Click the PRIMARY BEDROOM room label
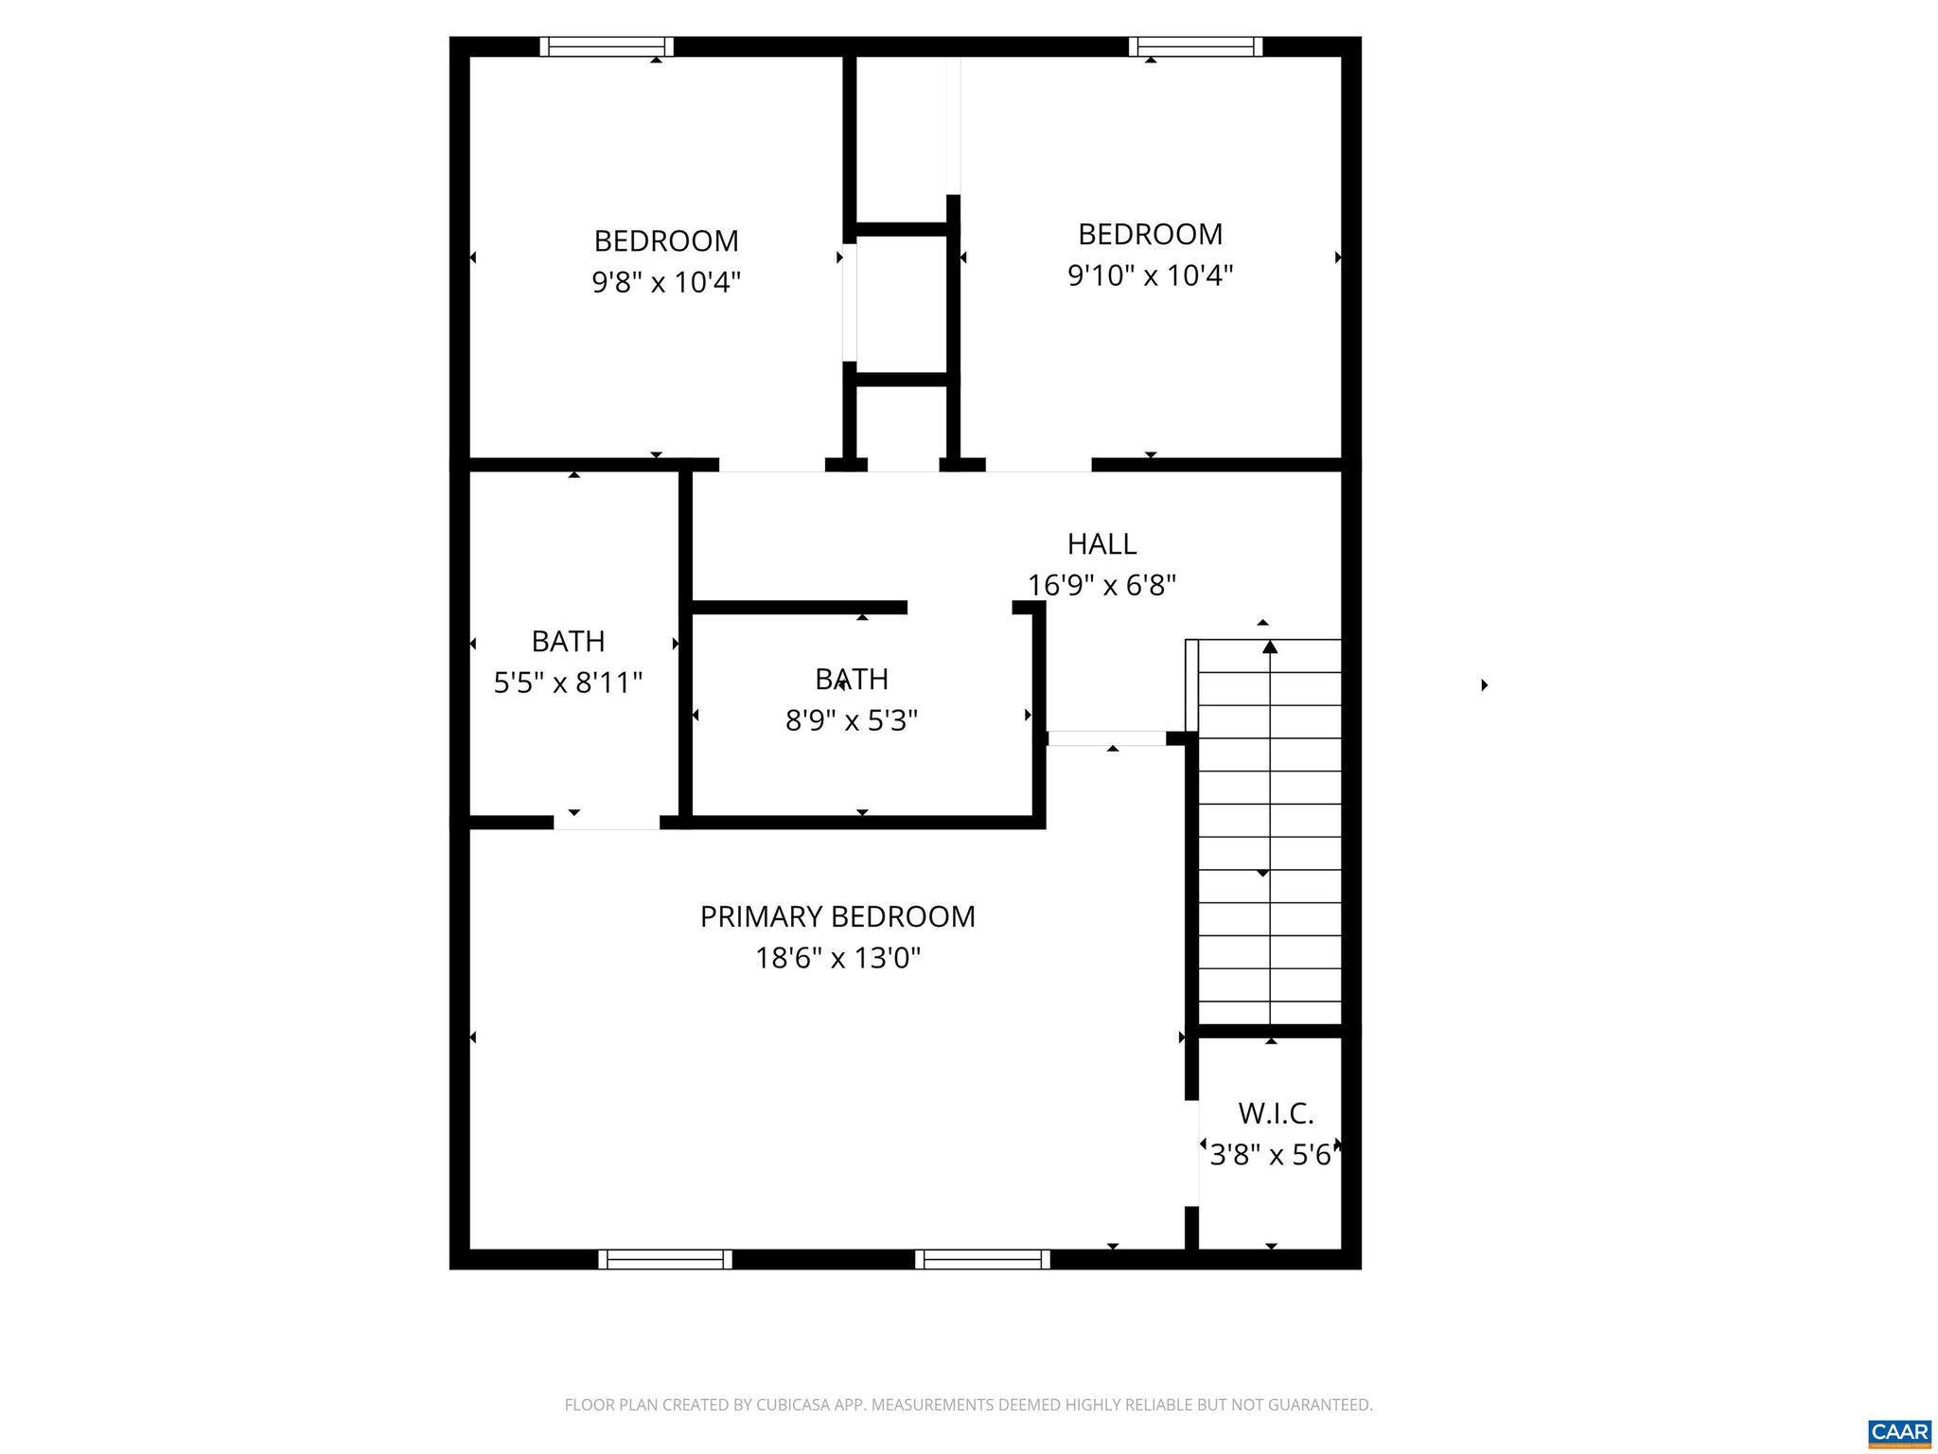click(x=837, y=916)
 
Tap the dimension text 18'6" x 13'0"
click(x=837, y=959)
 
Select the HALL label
click(x=1101, y=544)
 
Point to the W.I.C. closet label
click(x=1276, y=1113)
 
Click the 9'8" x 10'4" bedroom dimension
click(x=666, y=282)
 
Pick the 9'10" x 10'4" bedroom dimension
click(x=1150, y=275)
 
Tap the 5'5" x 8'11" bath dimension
click(x=568, y=683)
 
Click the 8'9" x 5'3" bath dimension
click(x=852, y=721)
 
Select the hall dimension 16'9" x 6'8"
click(x=1101, y=585)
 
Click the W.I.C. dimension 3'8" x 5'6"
click(x=1272, y=1155)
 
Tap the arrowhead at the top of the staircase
click(x=1270, y=647)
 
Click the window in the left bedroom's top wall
click(x=607, y=46)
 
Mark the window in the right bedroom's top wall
click(x=1195, y=46)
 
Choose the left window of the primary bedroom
click(x=665, y=1259)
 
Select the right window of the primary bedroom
click(x=982, y=1259)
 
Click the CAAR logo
click(x=1899, y=1431)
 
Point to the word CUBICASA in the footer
click(x=795, y=1405)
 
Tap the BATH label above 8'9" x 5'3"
click(x=852, y=680)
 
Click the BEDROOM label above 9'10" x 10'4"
click(x=1150, y=234)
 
